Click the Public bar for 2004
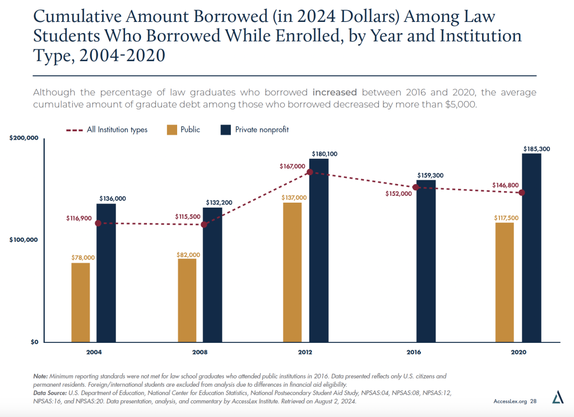pos(81,303)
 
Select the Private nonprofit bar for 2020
pos(531,248)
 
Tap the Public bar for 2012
pos(293,272)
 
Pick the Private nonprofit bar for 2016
pos(425,261)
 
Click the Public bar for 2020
pos(504,282)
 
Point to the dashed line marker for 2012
pos(309,172)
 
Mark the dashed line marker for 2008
pos(204,225)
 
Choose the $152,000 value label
pos(399,194)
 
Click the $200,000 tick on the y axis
pos(24,139)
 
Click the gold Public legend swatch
pos(172,130)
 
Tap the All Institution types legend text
pos(117,130)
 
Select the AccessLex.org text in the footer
pos(510,402)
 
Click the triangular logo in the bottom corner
pos(557,398)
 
